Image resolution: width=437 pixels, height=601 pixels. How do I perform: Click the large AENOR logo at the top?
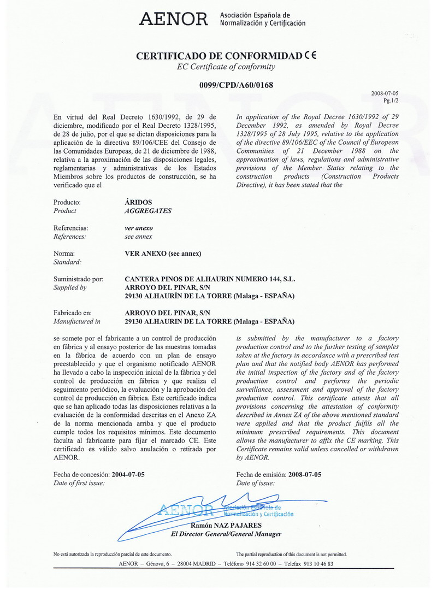(x=174, y=20)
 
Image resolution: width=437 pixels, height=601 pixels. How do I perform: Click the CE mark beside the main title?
(x=311, y=55)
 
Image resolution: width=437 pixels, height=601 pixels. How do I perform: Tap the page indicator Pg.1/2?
(x=391, y=101)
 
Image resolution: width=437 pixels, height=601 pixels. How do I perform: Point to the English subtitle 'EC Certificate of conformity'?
(x=226, y=67)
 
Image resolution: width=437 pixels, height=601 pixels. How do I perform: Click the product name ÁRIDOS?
(x=139, y=202)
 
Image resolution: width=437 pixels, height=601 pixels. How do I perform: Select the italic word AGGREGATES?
(x=148, y=210)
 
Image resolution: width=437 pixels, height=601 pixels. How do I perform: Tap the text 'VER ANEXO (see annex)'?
(x=163, y=254)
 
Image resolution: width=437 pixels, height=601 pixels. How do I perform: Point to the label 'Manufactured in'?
(x=77, y=321)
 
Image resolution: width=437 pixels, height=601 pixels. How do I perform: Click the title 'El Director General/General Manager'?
(x=226, y=534)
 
